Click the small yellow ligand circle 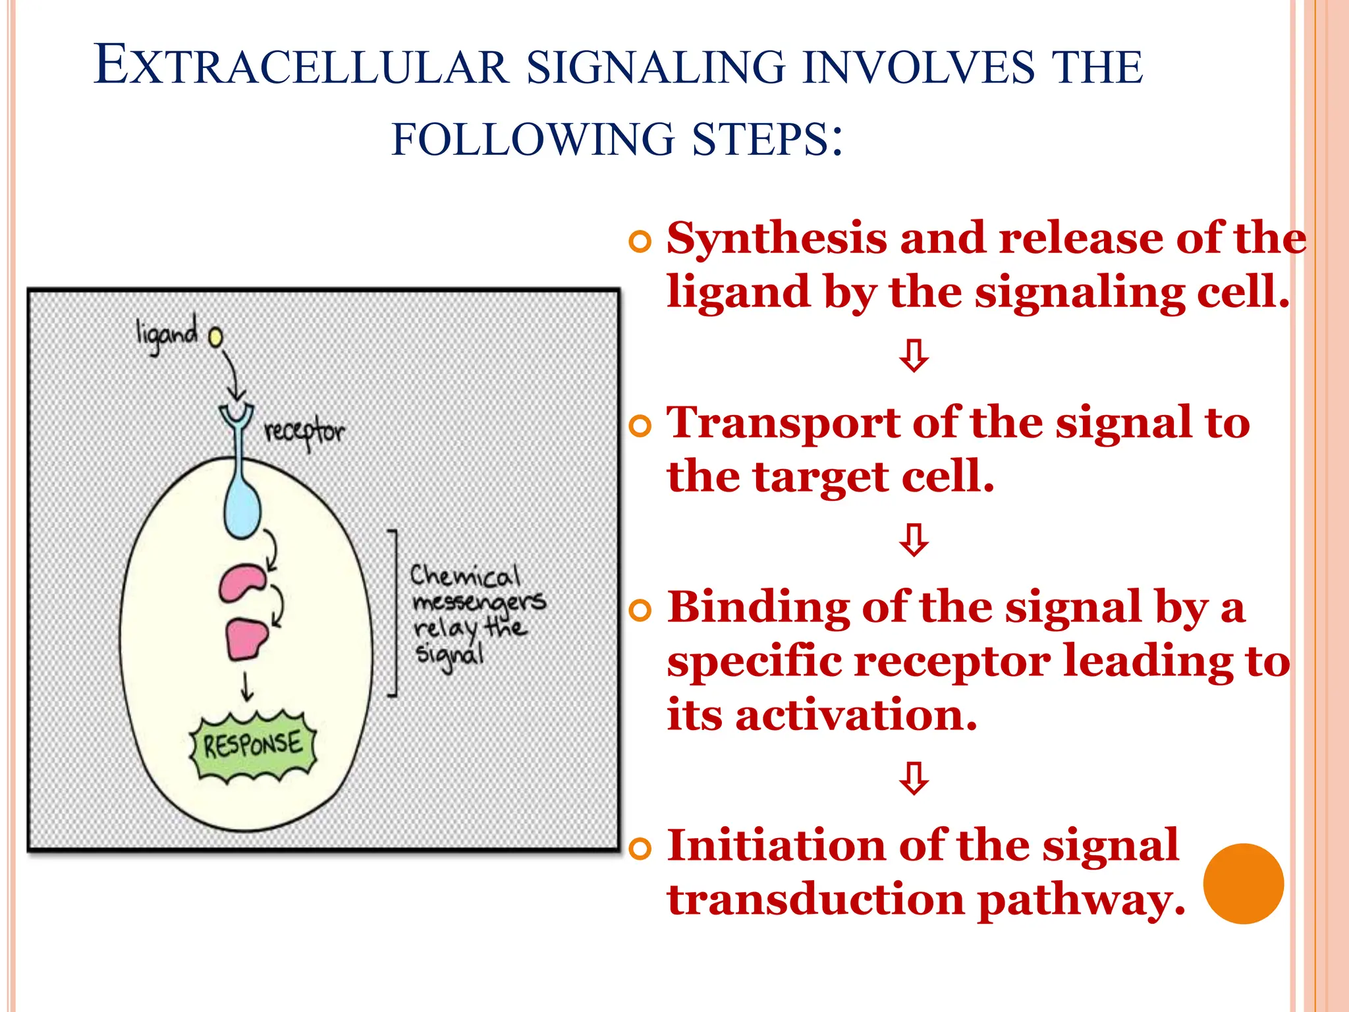(215, 337)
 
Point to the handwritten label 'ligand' (166, 335)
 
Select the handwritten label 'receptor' (304, 432)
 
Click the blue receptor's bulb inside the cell (242, 511)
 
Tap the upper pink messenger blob (242, 582)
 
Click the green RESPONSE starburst (253, 746)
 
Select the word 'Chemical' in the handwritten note (465, 576)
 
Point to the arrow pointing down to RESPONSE (246, 687)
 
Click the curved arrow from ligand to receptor (232, 376)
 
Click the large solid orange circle (1243, 884)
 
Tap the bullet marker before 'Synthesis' (640, 242)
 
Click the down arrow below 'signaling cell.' (914, 355)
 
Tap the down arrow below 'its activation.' (914, 778)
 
